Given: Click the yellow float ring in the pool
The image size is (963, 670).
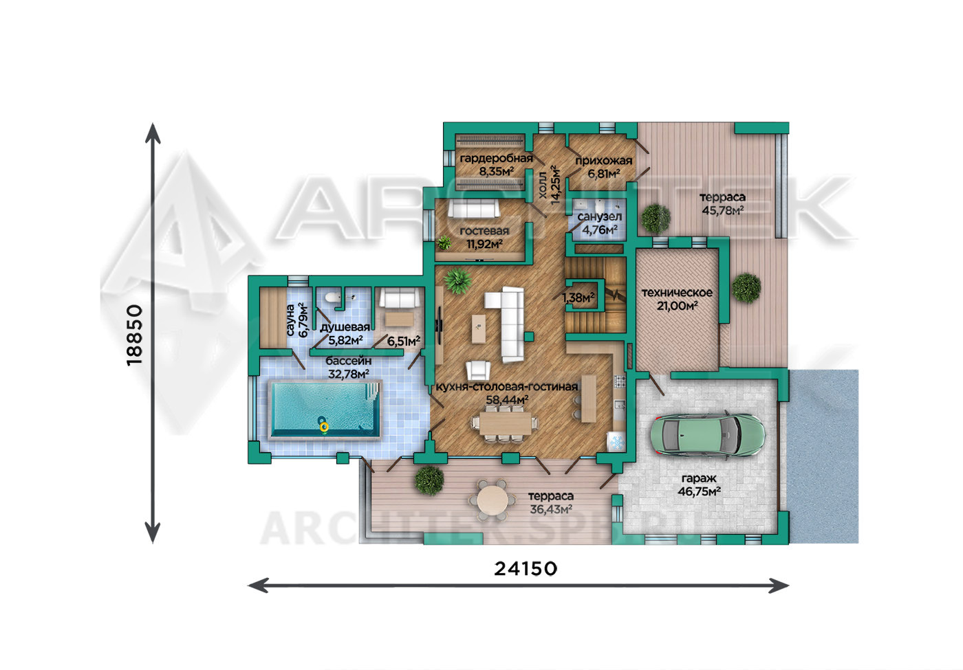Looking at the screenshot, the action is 324,427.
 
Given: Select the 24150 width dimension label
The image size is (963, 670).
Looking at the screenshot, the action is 526,569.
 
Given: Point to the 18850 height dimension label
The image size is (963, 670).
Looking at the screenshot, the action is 135,335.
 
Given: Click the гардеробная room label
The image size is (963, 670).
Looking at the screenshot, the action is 496,159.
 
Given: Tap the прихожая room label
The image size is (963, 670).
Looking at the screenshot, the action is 604,161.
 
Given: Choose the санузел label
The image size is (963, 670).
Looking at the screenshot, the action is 599,217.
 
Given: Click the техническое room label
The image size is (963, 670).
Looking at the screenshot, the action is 677,293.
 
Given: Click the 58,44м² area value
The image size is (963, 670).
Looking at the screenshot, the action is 508,400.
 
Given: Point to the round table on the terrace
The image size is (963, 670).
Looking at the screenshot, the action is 493,500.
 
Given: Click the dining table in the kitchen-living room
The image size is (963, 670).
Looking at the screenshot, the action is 506,423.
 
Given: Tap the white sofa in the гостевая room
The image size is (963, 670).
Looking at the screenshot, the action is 474,209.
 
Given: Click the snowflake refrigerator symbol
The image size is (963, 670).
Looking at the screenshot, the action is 616,442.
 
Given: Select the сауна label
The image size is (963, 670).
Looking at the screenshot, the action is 290,320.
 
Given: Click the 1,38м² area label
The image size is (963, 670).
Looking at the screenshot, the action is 578,297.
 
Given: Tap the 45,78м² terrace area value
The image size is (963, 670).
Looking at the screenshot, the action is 723,211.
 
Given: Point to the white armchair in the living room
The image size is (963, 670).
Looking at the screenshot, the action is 479,370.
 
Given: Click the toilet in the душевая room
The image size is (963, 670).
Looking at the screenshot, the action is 331,297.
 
